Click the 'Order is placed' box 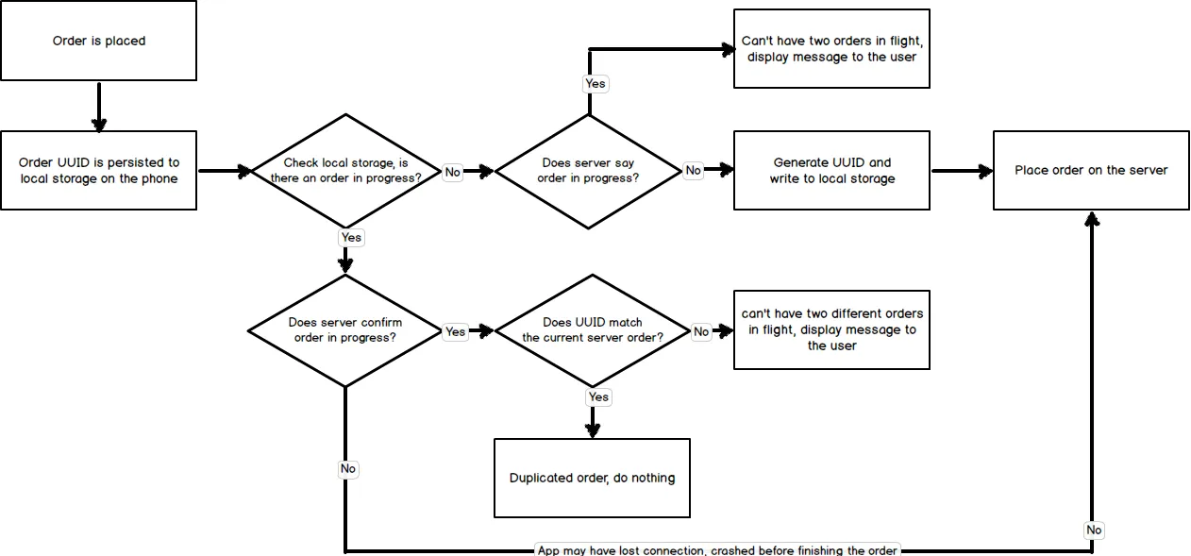[99, 41]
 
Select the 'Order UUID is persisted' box [99, 171]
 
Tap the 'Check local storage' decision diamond [346, 171]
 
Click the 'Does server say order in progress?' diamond [589, 171]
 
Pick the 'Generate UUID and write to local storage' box [831, 171]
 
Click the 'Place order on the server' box [1091, 171]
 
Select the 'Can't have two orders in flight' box [831, 49]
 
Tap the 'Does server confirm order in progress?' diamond [344, 330]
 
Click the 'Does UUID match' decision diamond [593, 330]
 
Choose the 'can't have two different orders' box [831, 329]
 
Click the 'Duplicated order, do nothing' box [592, 478]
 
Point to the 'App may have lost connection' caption [717, 549]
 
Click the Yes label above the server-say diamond [595, 84]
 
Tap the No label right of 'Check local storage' [453, 172]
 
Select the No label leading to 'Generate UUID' [694, 171]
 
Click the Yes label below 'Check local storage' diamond [350, 238]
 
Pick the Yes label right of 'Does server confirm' [456, 331]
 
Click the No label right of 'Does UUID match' [701, 331]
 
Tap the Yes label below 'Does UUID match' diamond [598, 397]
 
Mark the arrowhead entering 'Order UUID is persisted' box [99, 125]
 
